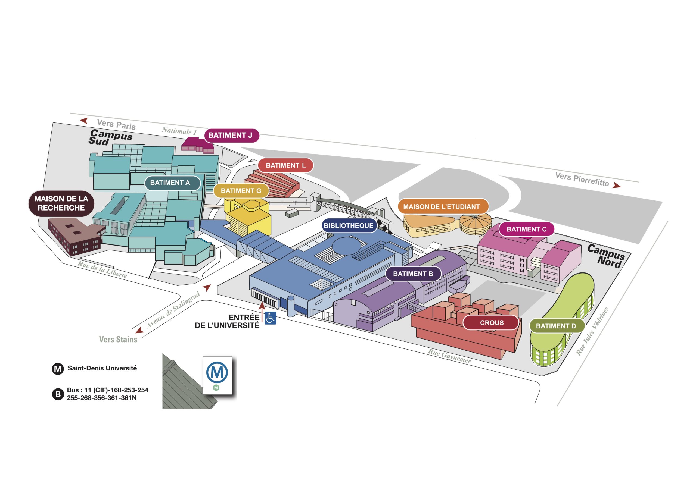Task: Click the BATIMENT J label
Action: point(232,135)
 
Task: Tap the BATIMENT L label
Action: point(285,165)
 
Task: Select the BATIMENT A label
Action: point(172,183)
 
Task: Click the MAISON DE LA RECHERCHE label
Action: point(61,203)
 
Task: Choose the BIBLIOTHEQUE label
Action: point(349,226)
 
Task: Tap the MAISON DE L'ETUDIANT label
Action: point(443,207)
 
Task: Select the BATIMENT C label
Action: point(527,229)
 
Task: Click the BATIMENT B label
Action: point(413,274)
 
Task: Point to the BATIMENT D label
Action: point(557,326)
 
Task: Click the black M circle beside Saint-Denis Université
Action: point(58,369)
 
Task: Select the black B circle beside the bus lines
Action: point(58,394)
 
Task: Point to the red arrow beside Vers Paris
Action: point(84,121)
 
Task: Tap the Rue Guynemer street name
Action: point(449,356)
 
